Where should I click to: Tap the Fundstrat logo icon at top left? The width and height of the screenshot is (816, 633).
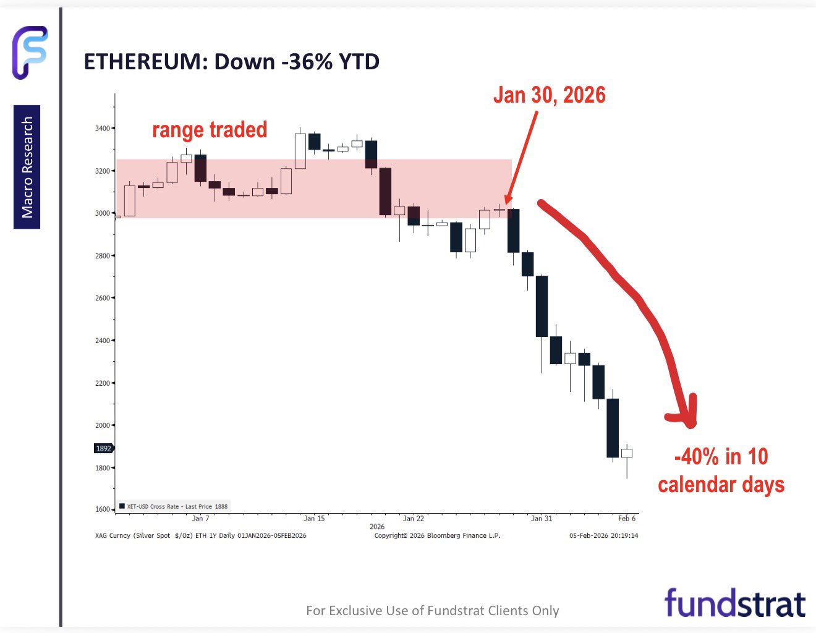pos(30,53)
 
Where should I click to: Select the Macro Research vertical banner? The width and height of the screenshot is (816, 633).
pos(27,167)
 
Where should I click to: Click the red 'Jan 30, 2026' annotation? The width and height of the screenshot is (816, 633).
pos(549,95)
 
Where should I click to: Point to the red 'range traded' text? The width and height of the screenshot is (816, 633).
pos(210,130)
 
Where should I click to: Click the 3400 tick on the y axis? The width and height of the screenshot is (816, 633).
pos(102,129)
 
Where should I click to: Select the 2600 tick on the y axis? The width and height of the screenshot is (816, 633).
pos(102,298)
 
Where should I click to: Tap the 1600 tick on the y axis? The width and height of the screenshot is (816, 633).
pos(102,510)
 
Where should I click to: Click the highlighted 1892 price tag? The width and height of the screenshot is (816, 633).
pos(103,449)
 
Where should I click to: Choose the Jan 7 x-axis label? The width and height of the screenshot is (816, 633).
pos(200,519)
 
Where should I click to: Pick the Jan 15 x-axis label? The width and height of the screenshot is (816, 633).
pos(314,519)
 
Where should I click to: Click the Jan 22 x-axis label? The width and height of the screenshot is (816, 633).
pos(413,519)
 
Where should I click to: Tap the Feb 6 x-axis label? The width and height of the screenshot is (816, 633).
pos(626,519)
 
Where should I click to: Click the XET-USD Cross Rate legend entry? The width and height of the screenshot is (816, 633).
pos(174,506)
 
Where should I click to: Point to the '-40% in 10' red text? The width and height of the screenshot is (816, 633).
pos(721,457)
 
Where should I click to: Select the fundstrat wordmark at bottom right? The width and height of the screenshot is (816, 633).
pos(734,603)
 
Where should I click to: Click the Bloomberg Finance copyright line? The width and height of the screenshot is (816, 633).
pos(437,535)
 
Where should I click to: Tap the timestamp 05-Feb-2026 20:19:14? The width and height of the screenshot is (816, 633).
pos(603,535)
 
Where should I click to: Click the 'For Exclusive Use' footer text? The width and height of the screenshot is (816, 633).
pos(432,611)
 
